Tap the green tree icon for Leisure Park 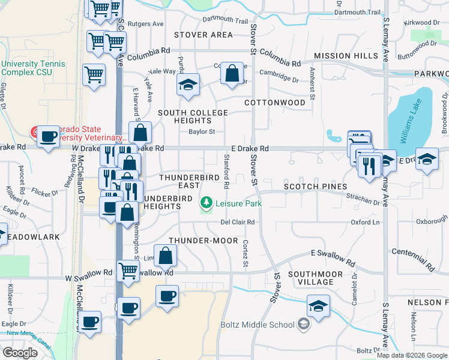tap(207, 203)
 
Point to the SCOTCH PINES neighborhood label tap(312, 187)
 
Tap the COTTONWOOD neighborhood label tap(275, 103)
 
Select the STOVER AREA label tap(203, 35)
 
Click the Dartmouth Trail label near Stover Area tap(225, 20)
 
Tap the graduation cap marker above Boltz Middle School tap(318, 306)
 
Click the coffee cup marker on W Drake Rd tap(48, 136)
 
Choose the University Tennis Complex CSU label tap(28, 68)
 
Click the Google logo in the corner tap(20, 352)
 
